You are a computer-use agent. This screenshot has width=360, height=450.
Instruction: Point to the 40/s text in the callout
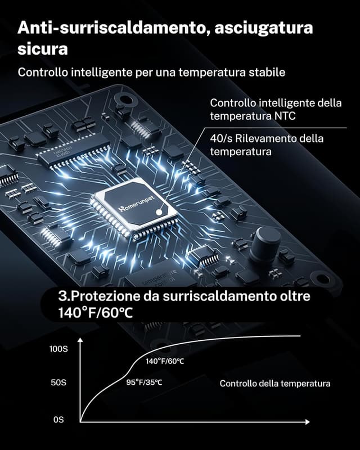[x=221, y=138]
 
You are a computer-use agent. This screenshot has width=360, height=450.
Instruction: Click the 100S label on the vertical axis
[x=58, y=349]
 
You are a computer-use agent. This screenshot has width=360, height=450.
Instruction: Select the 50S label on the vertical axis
[x=58, y=382]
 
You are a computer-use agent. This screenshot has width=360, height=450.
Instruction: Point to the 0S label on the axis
[x=58, y=420]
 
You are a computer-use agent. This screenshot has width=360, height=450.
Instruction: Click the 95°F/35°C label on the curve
[x=145, y=382]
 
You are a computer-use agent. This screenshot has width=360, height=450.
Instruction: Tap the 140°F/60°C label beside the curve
[x=165, y=361]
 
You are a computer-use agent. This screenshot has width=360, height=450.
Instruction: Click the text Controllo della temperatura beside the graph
[x=274, y=384]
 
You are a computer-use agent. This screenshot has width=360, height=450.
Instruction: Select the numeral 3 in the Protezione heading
[x=62, y=296]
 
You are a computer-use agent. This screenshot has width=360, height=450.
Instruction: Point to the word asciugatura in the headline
[x=264, y=28]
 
